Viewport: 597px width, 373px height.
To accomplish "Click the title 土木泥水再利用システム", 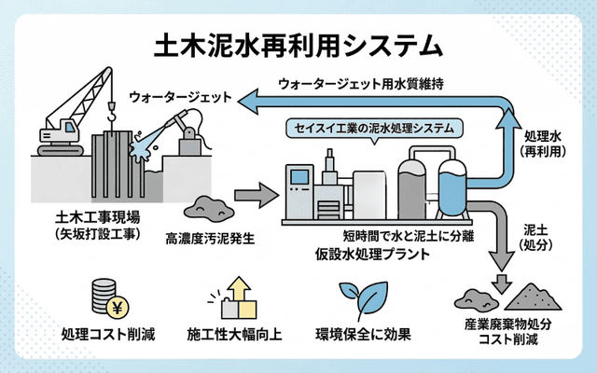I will (x=298, y=44).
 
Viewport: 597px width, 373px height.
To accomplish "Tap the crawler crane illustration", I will (x=70, y=121).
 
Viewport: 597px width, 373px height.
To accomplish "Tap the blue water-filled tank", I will (x=452, y=186).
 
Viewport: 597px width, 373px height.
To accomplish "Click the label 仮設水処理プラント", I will (x=370, y=253).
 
